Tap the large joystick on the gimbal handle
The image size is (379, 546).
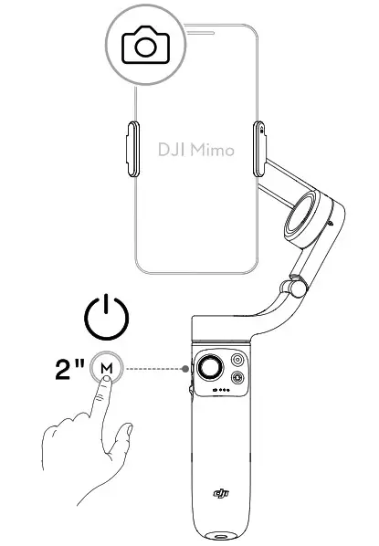pyautogui.click(x=210, y=367)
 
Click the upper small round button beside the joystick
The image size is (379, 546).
pyautogui.click(x=238, y=359)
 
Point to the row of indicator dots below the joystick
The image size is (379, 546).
pyautogui.click(x=219, y=392)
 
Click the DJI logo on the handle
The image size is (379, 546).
pyautogui.click(x=221, y=494)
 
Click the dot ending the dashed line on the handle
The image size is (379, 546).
pyautogui.click(x=186, y=369)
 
